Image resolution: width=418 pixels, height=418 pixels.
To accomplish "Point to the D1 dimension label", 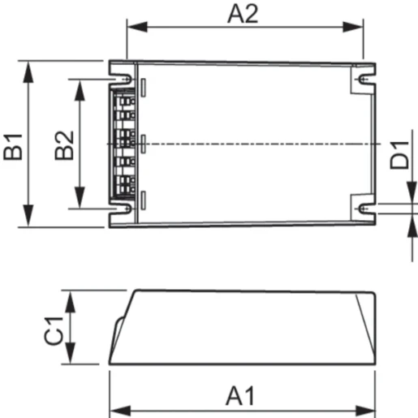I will (399, 154).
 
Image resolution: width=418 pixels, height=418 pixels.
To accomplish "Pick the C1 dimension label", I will (54, 330).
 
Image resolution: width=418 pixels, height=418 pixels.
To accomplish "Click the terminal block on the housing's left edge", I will (123, 144).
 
